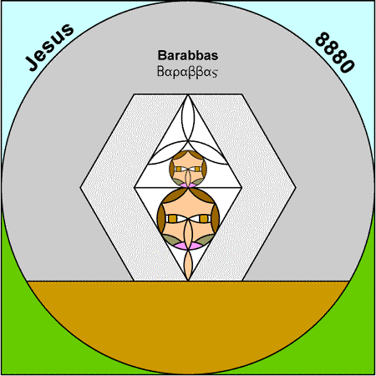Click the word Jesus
pyautogui.click(x=49, y=47)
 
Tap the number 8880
pyautogui.click(x=335, y=53)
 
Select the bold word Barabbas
pyautogui.click(x=188, y=55)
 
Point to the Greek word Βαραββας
pyautogui.click(x=187, y=72)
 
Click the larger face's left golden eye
pyautogui.click(x=173, y=219)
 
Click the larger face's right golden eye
pyautogui.click(x=204, y=219)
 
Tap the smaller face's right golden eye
pyautogui.click(x=197, y=169)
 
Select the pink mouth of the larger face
pyautogui.click(x=188, y=246)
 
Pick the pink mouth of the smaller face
pyautogui.click(x=188, y=185)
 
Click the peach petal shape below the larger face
pyautogui.click(x=188, y=265)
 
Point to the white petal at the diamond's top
pyautogui.click(x=188, y=119)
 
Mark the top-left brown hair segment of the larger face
pyautogui.click(x=173, y=196)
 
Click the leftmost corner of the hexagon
pyautogui.click(x=80, y=188)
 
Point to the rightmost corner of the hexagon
pyautogui.click(x=296, y=188)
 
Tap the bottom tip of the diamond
pyautogui.click(x=188, y=281)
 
